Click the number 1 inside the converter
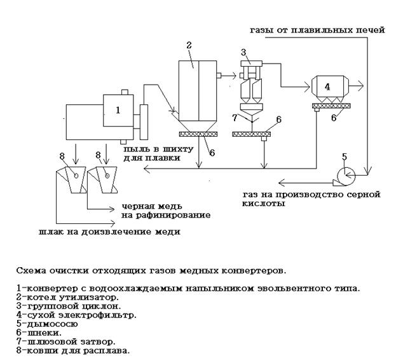[x=117, y=110]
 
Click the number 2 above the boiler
[x=189, y=46]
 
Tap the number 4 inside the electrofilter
[x=327, y=85]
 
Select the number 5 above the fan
[x=344, y=156]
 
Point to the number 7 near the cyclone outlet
[x=235, y=118]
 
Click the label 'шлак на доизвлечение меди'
[x=105, y=232]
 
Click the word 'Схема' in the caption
[x=30, y=270]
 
